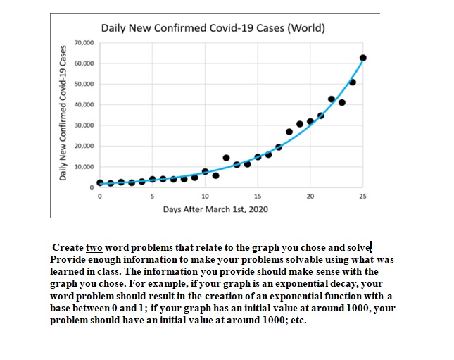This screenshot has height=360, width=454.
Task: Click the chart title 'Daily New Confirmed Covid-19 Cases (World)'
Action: [213, 29]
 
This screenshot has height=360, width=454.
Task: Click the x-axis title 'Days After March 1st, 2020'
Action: [215, 209]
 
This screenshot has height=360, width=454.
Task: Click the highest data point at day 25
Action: [363, 58]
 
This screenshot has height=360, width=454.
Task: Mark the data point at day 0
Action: [99, 182]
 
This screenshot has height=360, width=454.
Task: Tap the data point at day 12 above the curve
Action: [226, 157]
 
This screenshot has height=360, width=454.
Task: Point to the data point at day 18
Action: [289, 132]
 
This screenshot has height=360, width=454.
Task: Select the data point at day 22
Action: [332, 99]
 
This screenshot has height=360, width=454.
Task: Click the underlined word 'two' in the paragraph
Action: [94, 248]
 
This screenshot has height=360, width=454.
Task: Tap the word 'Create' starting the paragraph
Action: [68, 248]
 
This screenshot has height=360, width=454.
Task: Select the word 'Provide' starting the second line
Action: [69, 259]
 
